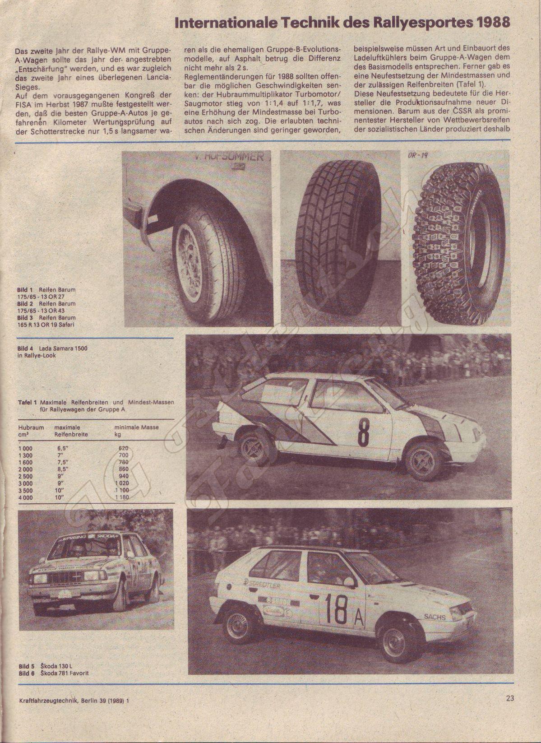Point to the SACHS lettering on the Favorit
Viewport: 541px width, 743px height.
pyautogui.click(x=435, y=617)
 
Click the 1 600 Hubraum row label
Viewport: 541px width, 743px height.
pyautogui.click(x=26, y=462)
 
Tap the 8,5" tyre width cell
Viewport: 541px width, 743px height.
pyautogui.click(x=62, y=469)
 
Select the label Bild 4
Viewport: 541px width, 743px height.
pyautogui.click(x=26, y=348)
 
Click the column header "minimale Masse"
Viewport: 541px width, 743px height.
pyautogui.click(x=136, y=427)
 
